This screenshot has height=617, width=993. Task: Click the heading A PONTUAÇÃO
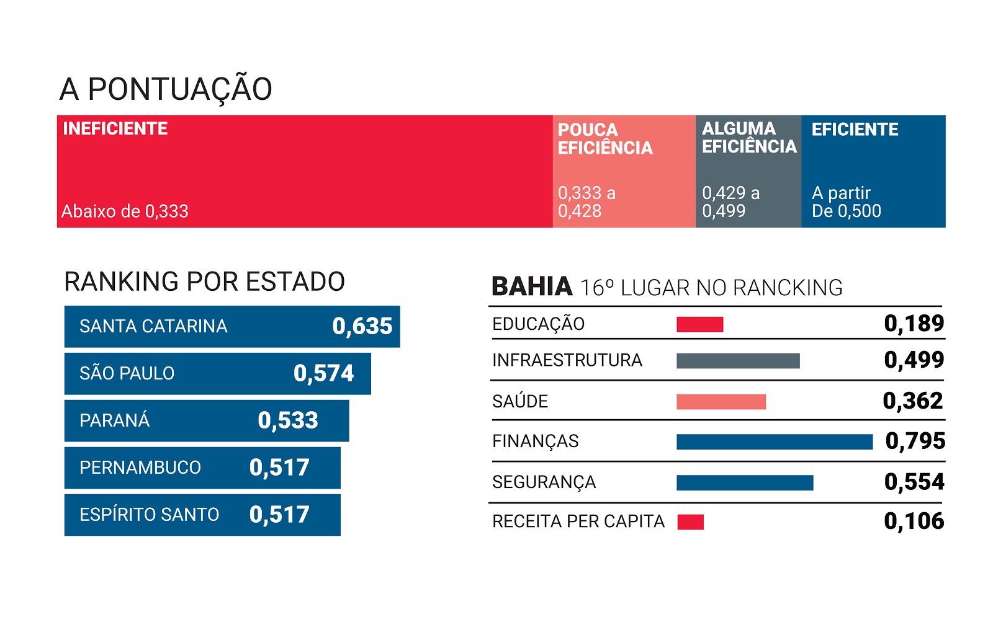point(166,89)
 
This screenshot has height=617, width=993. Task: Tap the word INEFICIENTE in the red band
point(115,128)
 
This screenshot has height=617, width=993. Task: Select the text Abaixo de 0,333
point(125,211)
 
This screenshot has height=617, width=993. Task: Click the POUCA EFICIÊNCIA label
point(605,139)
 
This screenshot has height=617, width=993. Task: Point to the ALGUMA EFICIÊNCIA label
point(749,138)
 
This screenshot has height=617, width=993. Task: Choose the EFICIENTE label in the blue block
point(855,130)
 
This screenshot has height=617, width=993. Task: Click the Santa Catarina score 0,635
point(362,326)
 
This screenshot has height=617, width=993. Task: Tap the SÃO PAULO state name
point(127,373)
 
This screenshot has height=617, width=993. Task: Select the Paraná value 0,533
point(288,420)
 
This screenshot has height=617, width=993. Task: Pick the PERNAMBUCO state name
point(140,468)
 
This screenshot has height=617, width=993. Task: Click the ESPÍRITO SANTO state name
point(149,515)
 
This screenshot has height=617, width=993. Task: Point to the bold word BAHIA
point(532,287)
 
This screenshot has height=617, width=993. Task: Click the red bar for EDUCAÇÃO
point(699,324)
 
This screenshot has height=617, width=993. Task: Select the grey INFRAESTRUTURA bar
point(738,361)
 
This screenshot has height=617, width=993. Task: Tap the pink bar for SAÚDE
point(721,402)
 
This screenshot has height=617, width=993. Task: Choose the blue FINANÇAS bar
point(775,442)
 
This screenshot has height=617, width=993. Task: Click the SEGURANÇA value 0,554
point(914,482)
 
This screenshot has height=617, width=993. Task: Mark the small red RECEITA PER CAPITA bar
point(690,522)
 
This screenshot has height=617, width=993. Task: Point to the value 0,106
point(914,522)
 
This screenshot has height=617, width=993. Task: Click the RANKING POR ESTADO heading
point(204,282)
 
